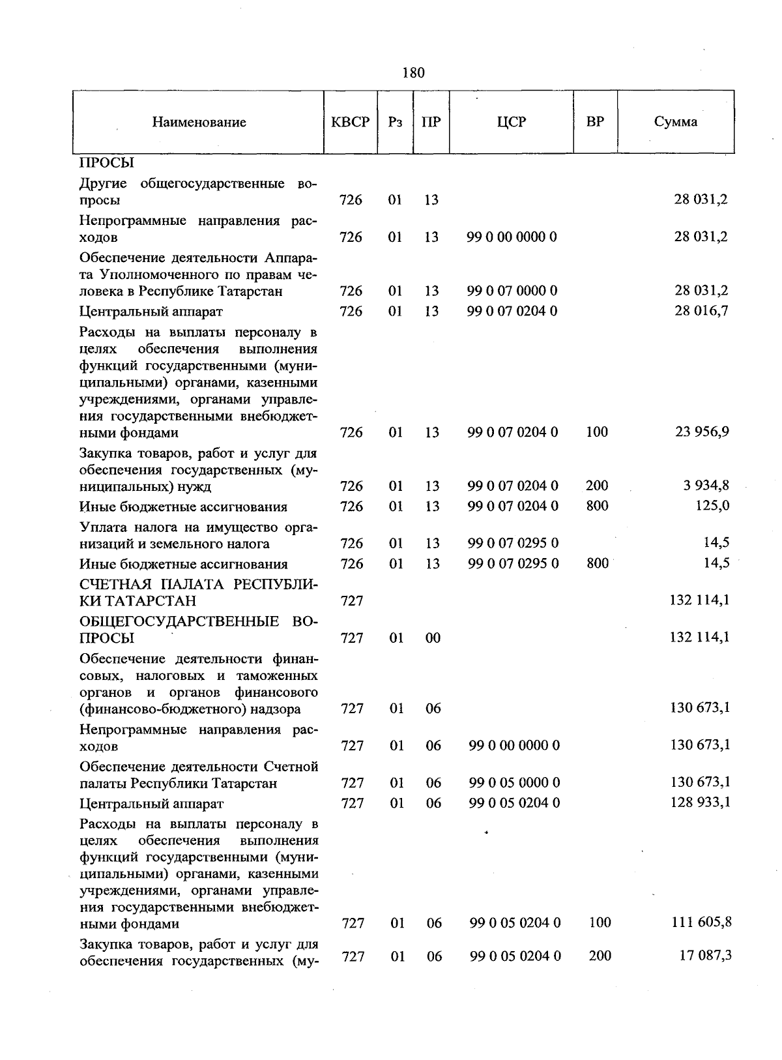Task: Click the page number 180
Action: (413, 72)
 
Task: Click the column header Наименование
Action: (199, 123)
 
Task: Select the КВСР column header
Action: (351, 123)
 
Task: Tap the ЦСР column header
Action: (512, 122)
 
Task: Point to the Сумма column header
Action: (676, 122)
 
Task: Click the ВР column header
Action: (595, 122)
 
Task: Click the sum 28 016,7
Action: (701, 310)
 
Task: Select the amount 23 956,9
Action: (701, 432)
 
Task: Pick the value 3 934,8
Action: (706, 485)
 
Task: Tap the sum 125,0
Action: (714, 506)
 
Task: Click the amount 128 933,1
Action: (700, 802)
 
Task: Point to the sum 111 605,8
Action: (701, 922)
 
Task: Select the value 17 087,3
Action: (704, 955)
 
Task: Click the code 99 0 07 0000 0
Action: (512, 290)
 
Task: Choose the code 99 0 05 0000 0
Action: (514, 782)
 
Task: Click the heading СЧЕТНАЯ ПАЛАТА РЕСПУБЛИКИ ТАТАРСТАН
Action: (198, 592)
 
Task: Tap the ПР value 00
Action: (433, 638)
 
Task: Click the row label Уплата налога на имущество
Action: (198, 535)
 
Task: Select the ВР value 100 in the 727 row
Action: (600, 922)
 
